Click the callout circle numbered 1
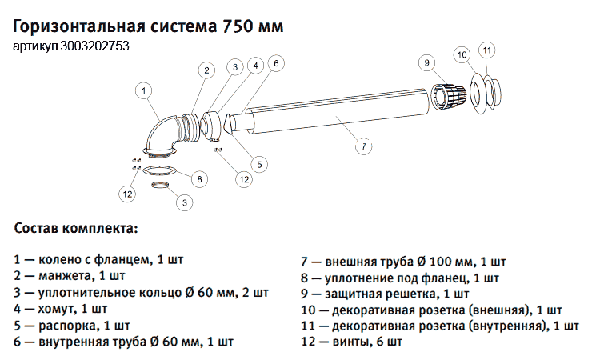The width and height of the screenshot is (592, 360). pos(144,91)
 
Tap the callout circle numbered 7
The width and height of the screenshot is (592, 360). pos(363,146)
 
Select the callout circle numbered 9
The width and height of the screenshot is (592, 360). pos(426,62)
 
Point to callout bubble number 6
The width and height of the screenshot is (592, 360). pos(274,63)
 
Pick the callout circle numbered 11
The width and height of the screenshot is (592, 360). pos(487,51)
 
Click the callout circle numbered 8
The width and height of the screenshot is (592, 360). pos(199,178)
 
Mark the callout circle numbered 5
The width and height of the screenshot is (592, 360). pos(258,163)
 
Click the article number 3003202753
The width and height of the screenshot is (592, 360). pos(95,46)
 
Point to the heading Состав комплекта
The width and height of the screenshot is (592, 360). pos(76,228)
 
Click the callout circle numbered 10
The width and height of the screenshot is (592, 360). pos(462,55)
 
